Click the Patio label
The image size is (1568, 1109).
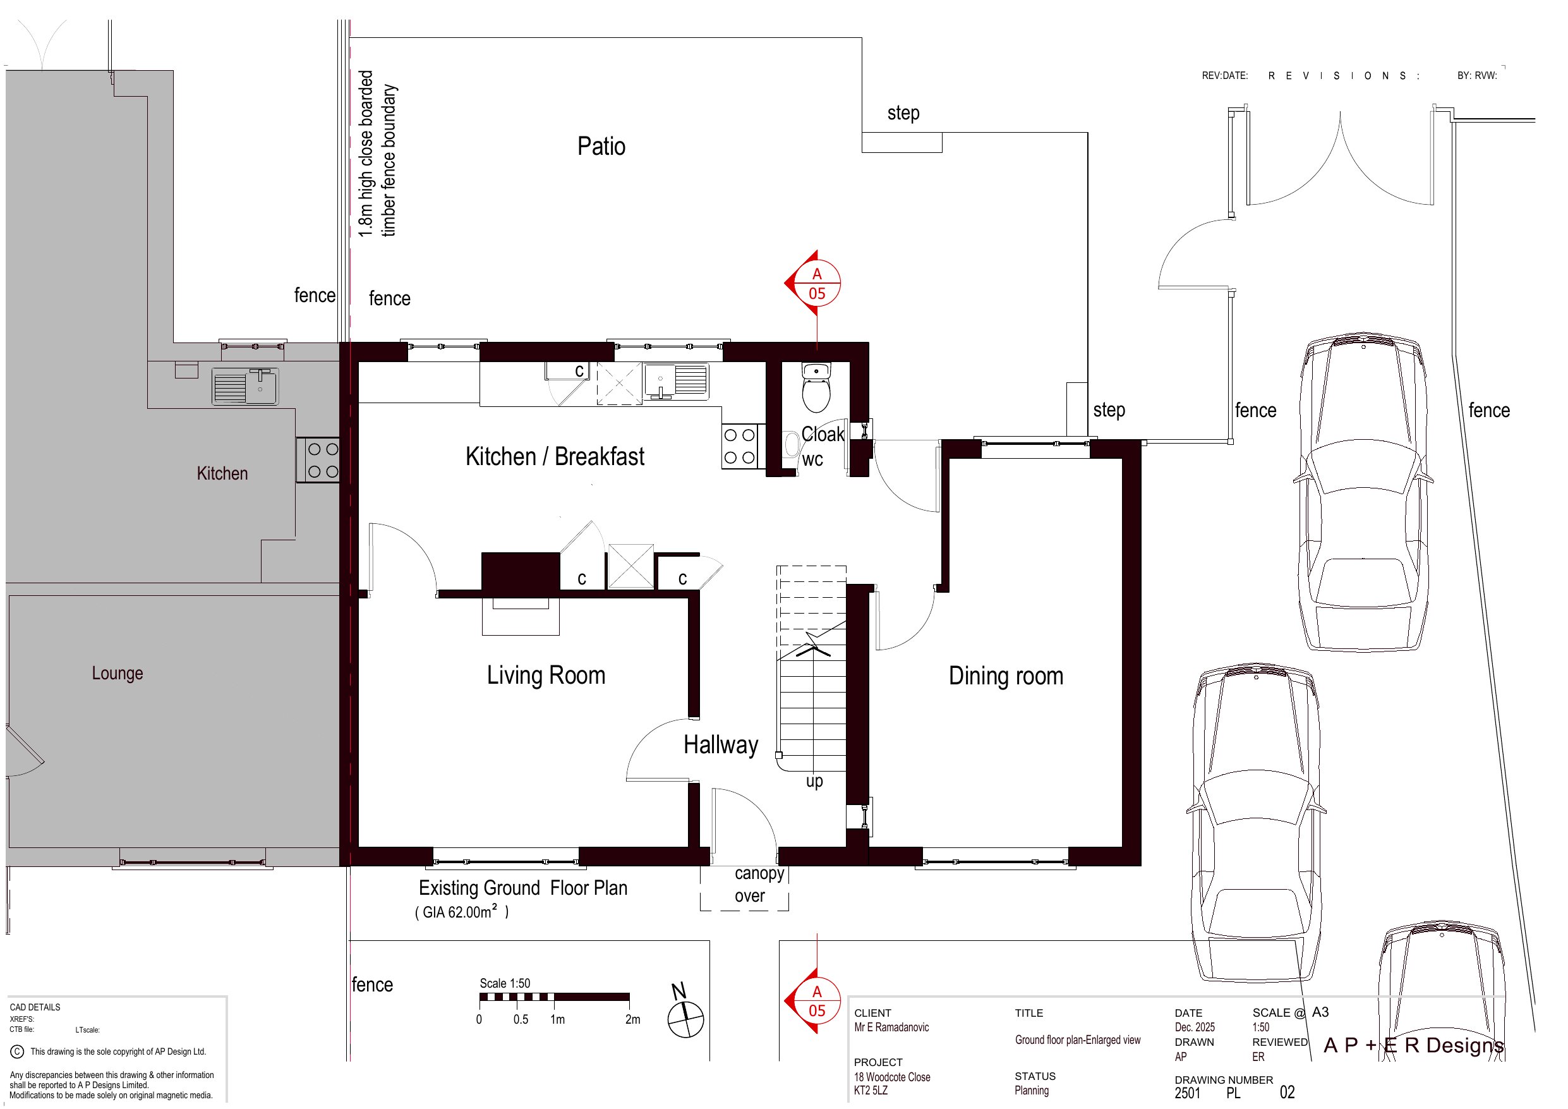coord(601,146)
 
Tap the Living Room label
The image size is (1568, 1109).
coord(546,675)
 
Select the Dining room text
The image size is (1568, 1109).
coord(1006,676)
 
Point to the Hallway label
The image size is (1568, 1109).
coord(720,745)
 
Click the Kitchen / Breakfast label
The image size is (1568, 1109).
coord(555,456)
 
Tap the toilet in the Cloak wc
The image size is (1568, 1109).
coord(816,387)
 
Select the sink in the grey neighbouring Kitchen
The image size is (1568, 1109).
coord(244,386)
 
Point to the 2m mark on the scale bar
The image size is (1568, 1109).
coord(632,1019)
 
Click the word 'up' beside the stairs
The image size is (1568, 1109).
coord(814,782)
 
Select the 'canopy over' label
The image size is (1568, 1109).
coord(755,885)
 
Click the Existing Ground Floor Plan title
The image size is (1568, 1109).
coord(522,888)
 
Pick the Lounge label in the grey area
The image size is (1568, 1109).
coord(118,673)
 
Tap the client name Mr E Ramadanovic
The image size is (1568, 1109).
coord(891,1027)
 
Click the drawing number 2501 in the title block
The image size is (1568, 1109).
coord(1188,1093)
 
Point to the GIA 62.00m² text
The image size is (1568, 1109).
coord(462,911)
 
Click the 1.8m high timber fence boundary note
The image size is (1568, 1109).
coord(378,154)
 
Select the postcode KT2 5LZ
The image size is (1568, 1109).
coord(871,1091)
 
